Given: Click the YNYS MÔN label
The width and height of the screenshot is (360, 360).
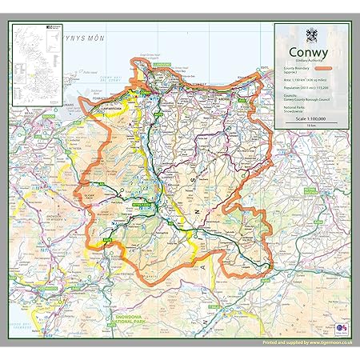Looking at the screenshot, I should [x=84, y=37].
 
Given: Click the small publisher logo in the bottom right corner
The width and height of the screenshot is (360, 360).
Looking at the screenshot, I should [x=341, y=328].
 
